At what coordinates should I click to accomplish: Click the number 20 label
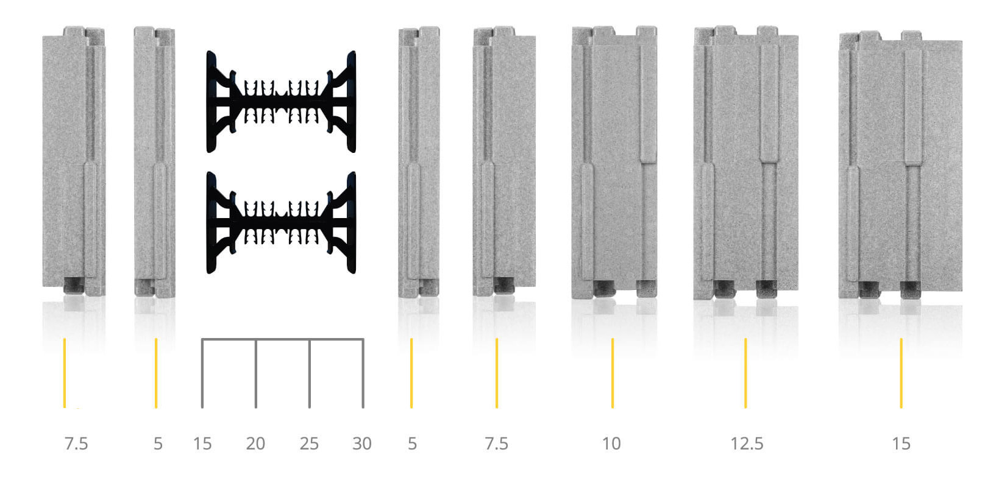tap(255, 444)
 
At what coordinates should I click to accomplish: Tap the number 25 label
tap(309, 444)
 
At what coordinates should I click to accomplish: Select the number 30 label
tap(362, 444)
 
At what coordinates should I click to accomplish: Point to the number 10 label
tap(611, 444)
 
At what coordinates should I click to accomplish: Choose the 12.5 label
tap(747, 444)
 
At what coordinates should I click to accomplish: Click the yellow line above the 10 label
tap(613, 373)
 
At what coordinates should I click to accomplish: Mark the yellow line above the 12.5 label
tap(745, 373)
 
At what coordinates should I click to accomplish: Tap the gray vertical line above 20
tap(256, 373)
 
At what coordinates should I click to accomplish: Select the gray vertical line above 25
tap(310, 373)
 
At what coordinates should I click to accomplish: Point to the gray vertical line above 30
tap(363, 373)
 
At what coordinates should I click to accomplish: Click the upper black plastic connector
tap(281, 102)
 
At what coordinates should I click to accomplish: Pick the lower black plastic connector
tap(281, 223)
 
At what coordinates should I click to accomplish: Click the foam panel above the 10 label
tap(614, 163)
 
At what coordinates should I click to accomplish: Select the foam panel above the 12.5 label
tap(746, 163)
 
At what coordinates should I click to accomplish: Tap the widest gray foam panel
tap(900, 165)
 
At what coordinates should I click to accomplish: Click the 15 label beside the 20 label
tap(202, 444)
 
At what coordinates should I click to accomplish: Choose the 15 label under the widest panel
tap(901, 444)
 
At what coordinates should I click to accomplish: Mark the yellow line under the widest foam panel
tap(901, 373)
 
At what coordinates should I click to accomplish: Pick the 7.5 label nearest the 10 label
tap(496, 444)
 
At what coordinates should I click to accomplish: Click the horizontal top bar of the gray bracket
tap(283, 339)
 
